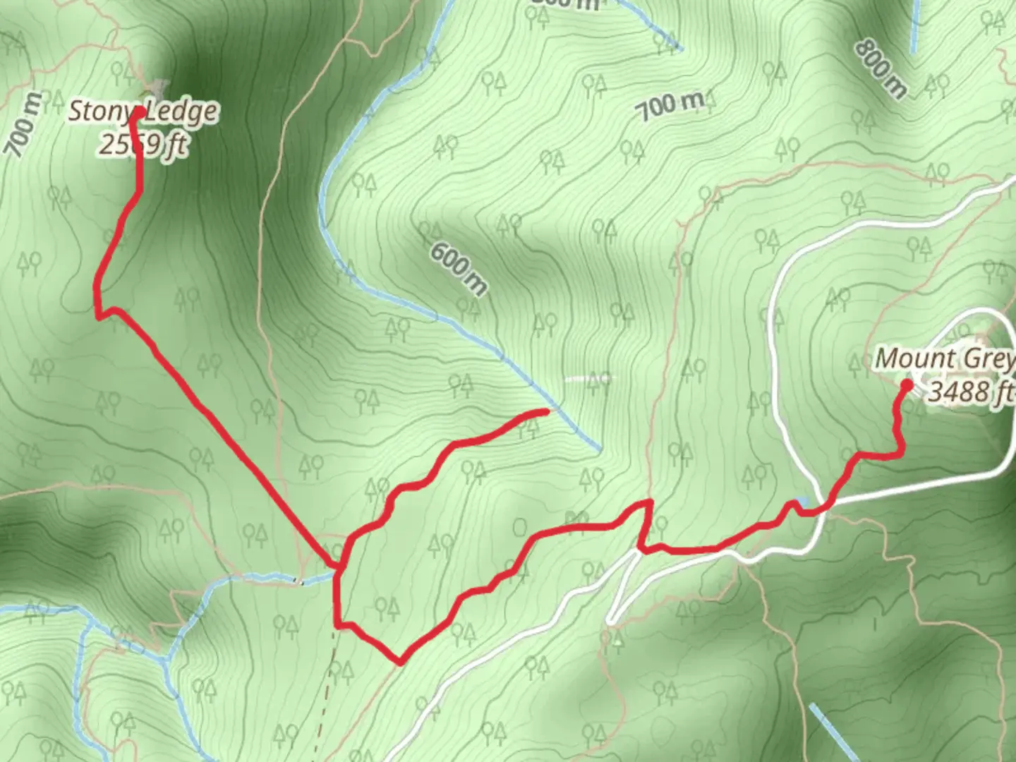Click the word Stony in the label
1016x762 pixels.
click(99, 112)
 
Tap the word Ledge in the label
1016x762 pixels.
click(183, 112)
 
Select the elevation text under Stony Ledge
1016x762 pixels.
click(143, 145)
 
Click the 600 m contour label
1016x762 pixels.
click(458, 269)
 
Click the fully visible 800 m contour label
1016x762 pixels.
click(880, 68)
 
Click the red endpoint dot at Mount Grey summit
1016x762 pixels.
click(906, 385)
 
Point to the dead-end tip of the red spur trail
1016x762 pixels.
click(545, 411)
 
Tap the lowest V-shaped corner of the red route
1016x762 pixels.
click(399, 663)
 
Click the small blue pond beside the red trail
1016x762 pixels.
click(802, 502)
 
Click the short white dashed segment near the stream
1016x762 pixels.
click(588, 378)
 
